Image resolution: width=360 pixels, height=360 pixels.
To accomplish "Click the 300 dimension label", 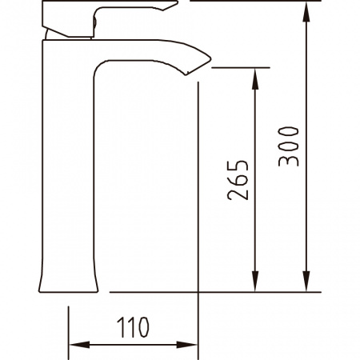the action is tap(288, 146).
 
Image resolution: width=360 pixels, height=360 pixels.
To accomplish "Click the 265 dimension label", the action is tap(238, 180).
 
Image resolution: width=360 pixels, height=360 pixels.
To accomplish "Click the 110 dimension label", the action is tap(133, 327).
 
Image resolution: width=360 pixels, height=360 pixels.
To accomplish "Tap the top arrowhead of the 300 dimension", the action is tap(306, 11).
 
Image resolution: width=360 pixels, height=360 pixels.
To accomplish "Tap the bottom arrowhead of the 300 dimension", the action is tap(306, 282).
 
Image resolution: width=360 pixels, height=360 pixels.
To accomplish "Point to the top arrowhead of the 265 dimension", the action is tap(255, 78).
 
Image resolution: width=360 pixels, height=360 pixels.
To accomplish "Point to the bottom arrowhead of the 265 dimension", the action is tap(255, 282).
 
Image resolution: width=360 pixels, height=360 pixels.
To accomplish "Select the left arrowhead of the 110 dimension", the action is tap(79, 345).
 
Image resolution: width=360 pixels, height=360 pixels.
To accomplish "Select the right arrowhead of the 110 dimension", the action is tap(187, 345).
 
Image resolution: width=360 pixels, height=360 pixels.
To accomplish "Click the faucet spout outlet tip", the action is tap(186, 74).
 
